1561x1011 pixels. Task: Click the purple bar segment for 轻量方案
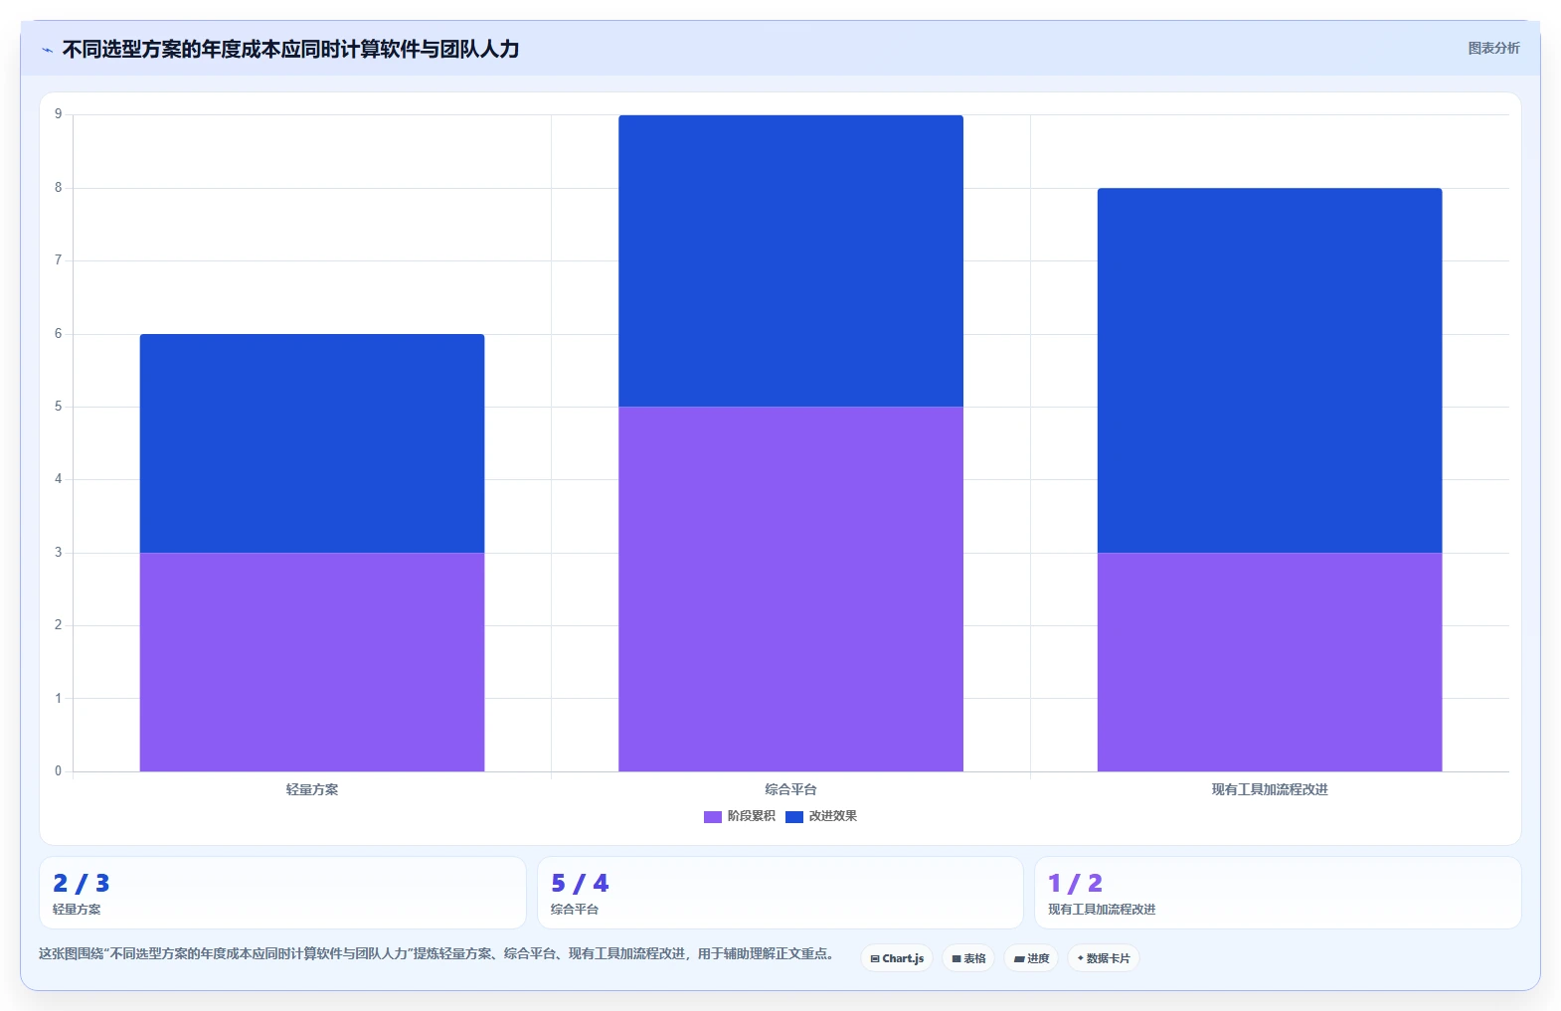pos(312,662)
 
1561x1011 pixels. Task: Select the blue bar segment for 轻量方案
pos(312,443)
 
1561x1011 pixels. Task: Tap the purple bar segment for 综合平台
pos(791,589)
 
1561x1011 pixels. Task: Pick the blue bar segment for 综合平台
pos(791,260)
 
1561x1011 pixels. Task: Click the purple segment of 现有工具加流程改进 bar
pos(1270,662)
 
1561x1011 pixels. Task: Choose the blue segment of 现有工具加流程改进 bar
pos(1270,370)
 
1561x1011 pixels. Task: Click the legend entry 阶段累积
pos(740,816)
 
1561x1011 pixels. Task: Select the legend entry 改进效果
pos(821,816)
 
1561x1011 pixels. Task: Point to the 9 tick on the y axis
pos(59,113)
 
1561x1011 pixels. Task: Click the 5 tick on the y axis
pos(59,407)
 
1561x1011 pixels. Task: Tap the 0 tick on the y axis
pos(59,770)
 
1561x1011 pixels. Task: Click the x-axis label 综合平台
pos(791,789)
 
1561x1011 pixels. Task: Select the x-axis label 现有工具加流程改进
pos(1270,789)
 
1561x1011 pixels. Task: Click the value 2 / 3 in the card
pos(82,883)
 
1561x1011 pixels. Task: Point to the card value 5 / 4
pos(580,883)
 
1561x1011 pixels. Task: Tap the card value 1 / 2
pos(1075,883)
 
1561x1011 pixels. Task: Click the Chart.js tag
pos(897,958)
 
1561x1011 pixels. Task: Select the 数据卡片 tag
pos(1104,958)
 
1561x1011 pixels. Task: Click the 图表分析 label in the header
pos(1493,48)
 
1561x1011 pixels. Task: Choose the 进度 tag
pos(1031,958)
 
